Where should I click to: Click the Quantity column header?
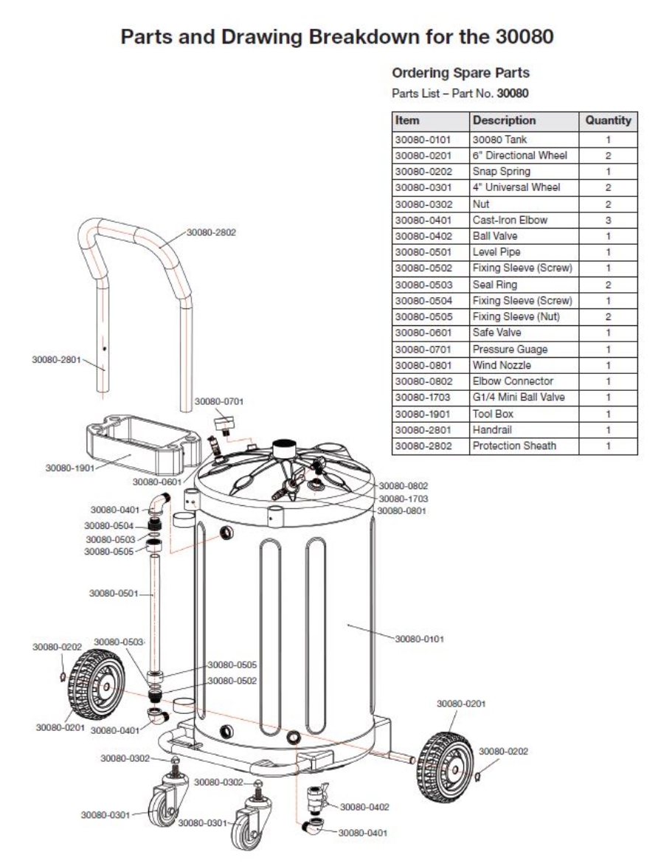tap(607, 120)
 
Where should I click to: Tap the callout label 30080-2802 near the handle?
tap(211, 232)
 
